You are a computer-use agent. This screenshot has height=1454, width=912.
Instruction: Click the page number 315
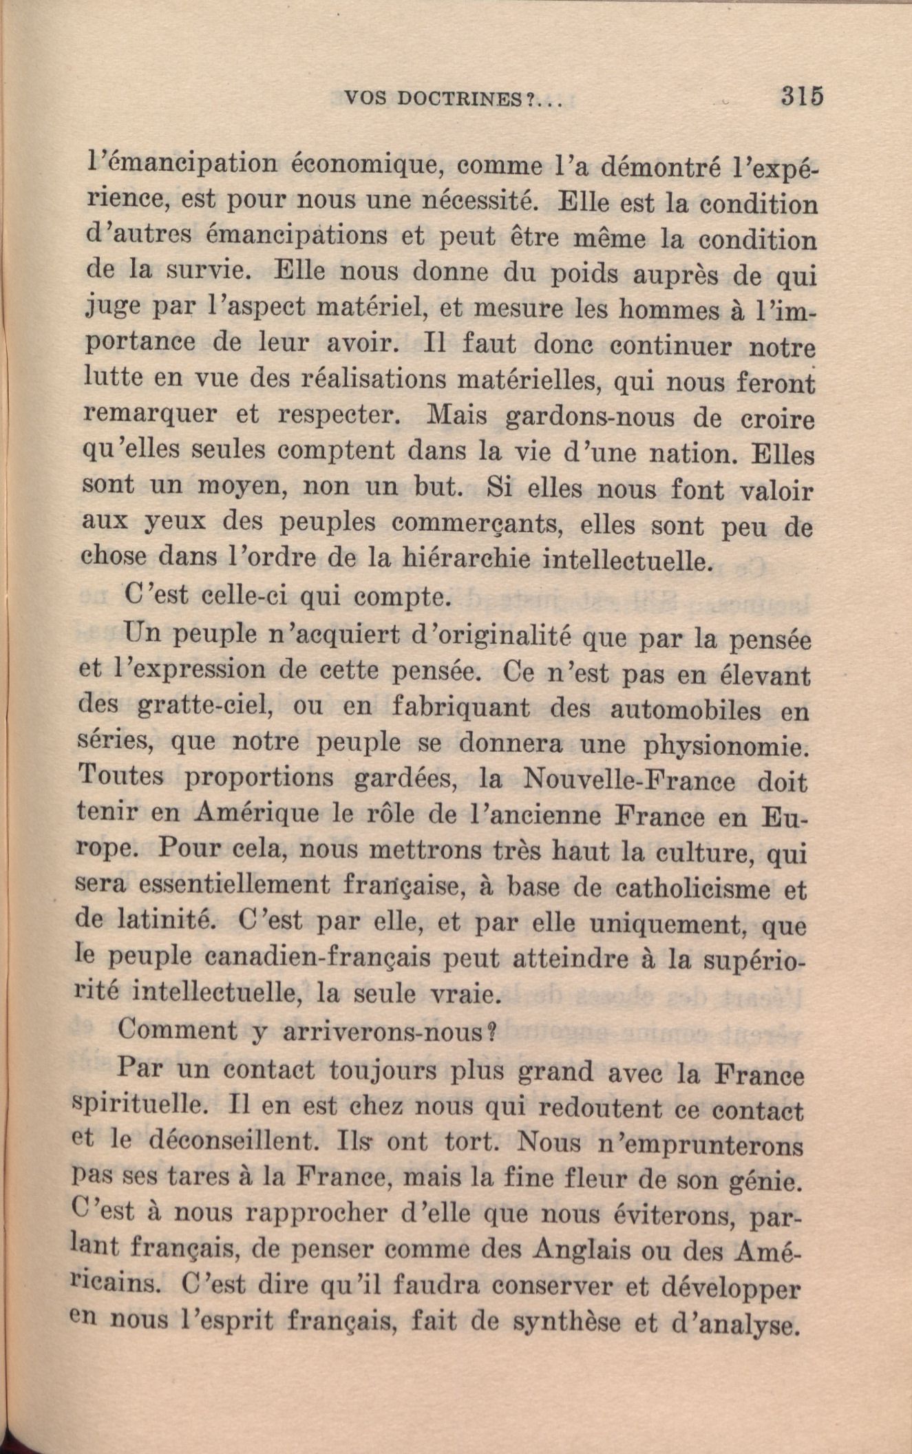click(x=803, y=96)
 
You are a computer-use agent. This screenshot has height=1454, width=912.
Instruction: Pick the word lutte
click(x=114, y=377)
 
